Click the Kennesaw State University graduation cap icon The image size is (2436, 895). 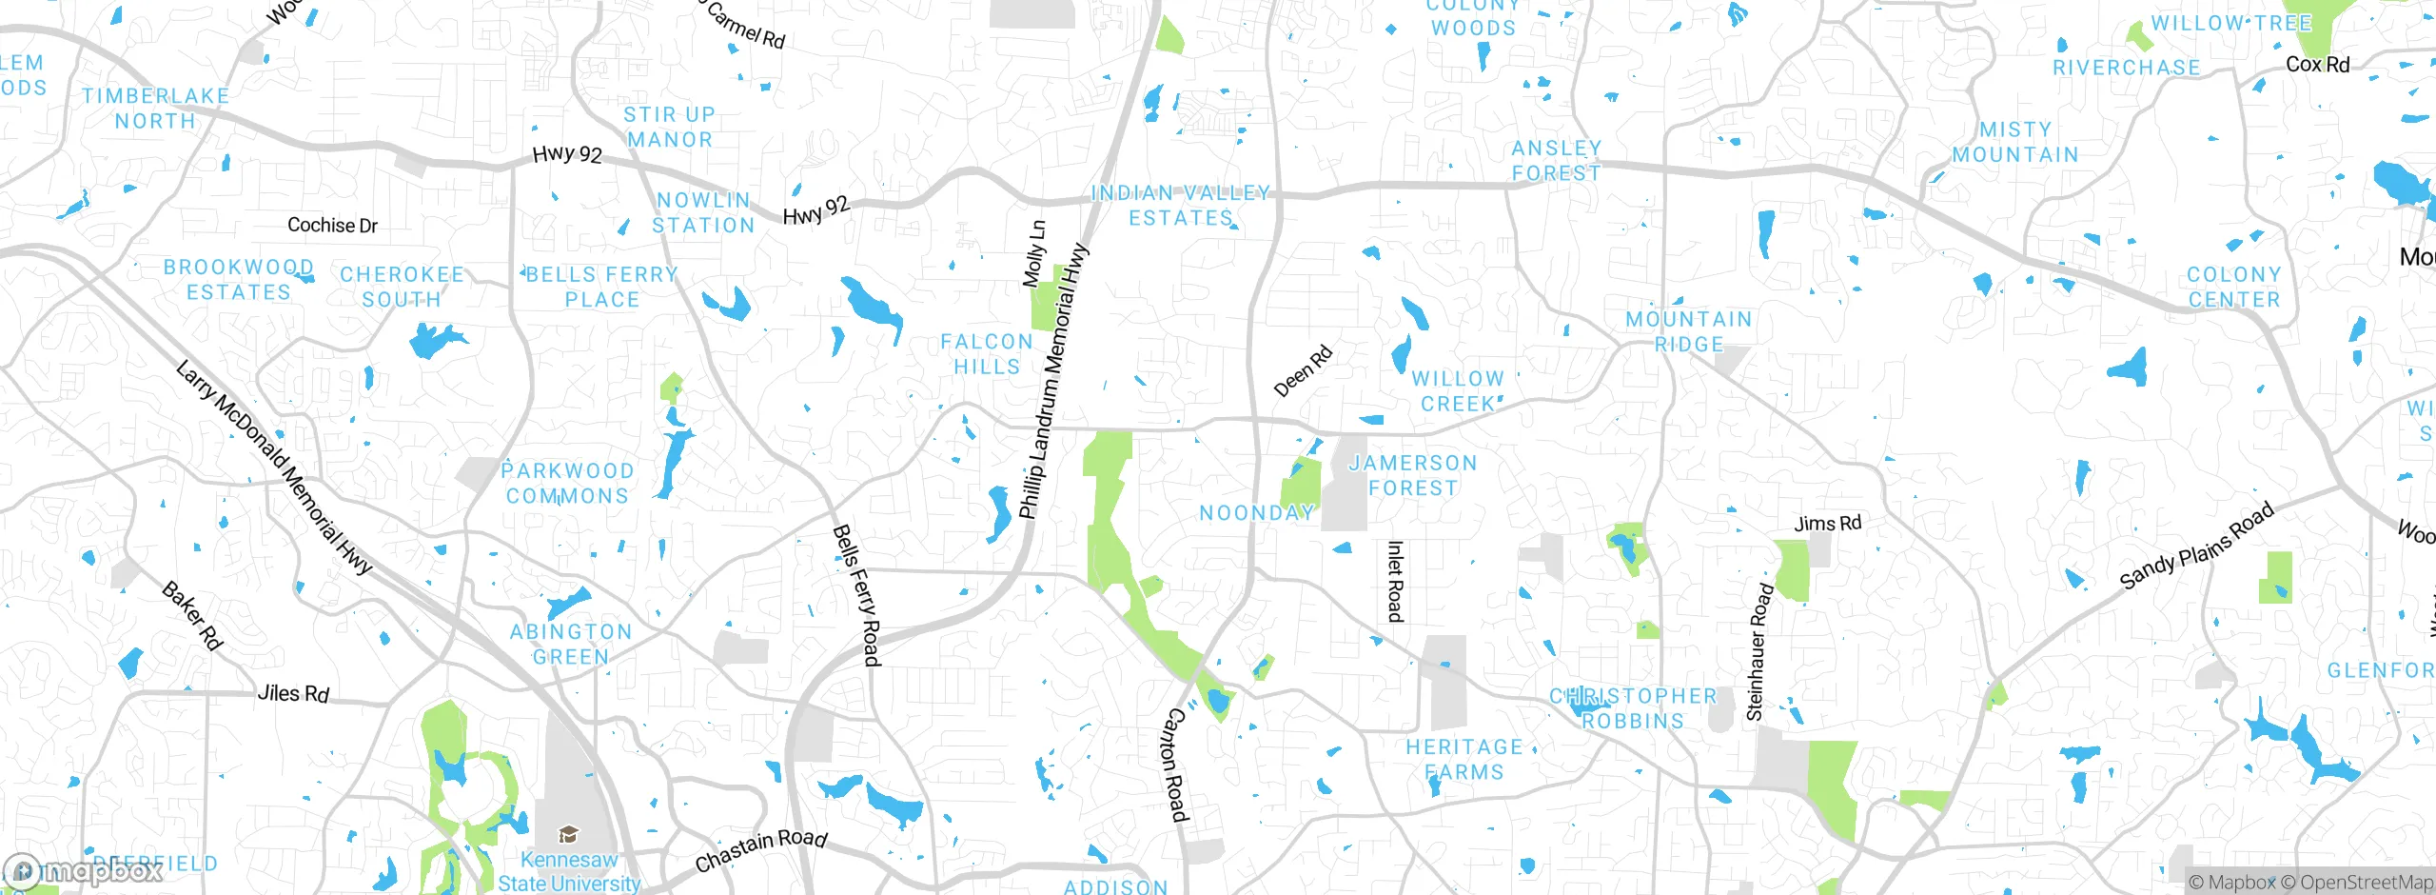click(568, 835)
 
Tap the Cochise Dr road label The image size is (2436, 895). click(332, 226)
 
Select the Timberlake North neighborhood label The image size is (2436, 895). click(155, 109)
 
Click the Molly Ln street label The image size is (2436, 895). click(1034, 254)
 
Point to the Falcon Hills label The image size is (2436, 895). click(987, 354)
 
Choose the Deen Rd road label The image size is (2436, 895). click(1303, 371)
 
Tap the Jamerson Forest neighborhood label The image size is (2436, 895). click(1413, 475)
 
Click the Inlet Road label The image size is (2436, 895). click(1395, 582)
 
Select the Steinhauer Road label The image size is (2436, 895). click(1759, 651)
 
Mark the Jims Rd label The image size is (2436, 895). click(1827, 524)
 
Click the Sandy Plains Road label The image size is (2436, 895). click(2196, 546)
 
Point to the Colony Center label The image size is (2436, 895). click(2233, 287)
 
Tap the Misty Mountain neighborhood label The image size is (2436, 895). click(2015, 142)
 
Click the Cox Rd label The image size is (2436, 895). click(2317, 65)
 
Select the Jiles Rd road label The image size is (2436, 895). click(293, 694)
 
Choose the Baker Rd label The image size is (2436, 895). click(192, 616)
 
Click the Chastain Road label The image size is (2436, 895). click(760, 849)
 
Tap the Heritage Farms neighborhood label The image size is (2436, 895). click(1464, 760)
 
